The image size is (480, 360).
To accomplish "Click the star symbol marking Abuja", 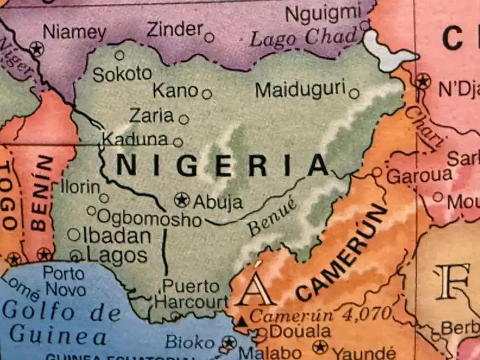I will (181, 200).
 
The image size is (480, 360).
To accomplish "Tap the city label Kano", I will (175, 90).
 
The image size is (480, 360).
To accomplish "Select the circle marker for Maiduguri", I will (354, 94).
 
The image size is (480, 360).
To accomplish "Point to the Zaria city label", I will (151, 116).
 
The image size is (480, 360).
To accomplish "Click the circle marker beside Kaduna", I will (178, 143).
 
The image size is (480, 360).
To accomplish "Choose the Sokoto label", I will (122, 74).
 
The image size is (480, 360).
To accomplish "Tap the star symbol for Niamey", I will (36, 49).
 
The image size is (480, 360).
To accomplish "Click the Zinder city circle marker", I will (209, 37).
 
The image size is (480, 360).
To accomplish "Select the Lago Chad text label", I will (304, 38).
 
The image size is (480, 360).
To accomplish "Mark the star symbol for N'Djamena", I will (423, 81).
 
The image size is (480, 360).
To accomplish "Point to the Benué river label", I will (272, 217).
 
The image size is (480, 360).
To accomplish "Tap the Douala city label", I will (300, 331).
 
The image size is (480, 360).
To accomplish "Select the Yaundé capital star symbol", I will (320, 347).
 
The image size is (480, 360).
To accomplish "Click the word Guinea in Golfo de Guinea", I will (58, 335).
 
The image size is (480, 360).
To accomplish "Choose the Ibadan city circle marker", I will (73, 235).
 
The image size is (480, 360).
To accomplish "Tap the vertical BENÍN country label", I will (42, 192).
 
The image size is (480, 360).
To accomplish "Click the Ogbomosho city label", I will (149, 218).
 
